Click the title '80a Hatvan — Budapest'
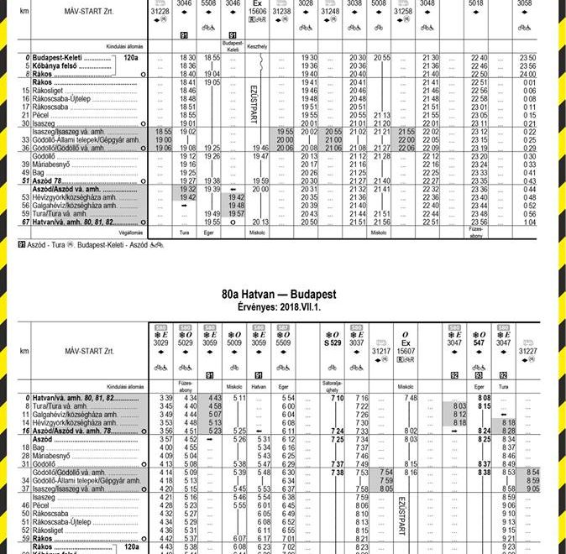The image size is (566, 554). click(279, 295)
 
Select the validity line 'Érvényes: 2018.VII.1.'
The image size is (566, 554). click(279, 307)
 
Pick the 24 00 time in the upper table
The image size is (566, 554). click(527, 74)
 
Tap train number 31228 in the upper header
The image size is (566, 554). click(160, 12)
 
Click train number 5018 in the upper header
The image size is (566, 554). click(477, 3)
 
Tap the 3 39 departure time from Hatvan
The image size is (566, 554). click(165, 397)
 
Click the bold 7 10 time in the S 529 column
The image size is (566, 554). click(338, 397)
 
